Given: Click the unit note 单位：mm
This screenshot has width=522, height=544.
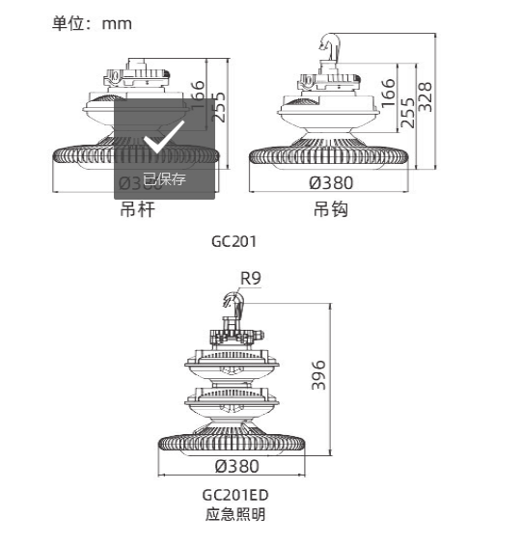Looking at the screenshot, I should coord(91,22).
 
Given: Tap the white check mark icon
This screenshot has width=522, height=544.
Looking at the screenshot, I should coord(163,143).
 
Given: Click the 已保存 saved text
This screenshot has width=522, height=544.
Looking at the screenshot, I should coord(164,178).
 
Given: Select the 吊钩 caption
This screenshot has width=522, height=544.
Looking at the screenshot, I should coord(330,208).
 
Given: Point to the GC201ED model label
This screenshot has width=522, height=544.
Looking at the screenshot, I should coord(234,495).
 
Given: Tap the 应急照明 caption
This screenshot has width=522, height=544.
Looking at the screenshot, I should coord(234,514).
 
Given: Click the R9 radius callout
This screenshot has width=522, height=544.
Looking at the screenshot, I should coord(251,279).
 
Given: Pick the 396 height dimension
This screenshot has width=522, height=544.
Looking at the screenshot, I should coord(319,375).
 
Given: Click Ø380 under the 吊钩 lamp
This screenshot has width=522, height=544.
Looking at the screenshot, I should coord(331,182).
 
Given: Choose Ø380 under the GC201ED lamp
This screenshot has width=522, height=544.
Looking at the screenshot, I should coord(236,466).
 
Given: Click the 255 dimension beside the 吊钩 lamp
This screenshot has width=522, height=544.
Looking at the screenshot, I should coord(407,114).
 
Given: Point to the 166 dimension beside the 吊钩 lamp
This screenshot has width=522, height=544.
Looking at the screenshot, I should coord(388,93).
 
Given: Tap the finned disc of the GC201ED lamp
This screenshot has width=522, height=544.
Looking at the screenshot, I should coord(233,438).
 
